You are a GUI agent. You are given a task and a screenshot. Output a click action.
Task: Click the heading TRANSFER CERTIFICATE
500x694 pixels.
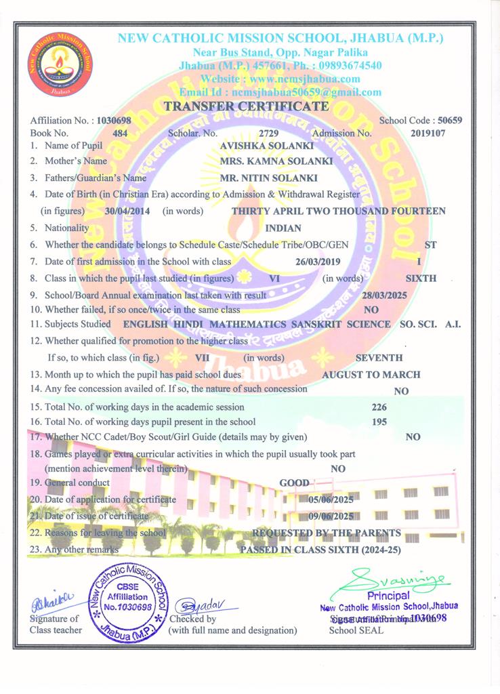pyautogui.click(x=247, y=106)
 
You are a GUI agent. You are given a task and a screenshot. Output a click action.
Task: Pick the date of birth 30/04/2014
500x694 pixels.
pyautogui.click(x=129, y=211)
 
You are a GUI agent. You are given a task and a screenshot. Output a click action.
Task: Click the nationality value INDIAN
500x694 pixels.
pyautogui.click(x=284, y=228)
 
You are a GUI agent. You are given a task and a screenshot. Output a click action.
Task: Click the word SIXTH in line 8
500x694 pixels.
pyautogui.click(x=421, y=278)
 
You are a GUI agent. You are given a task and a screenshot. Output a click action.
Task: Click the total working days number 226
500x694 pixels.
pyautogui.click(x=380, y=408)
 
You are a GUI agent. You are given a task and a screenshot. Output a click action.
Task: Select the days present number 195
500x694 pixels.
pyautogui.click(x=380, y=422)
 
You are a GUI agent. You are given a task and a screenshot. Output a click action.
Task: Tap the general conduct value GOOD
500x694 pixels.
pyautogui.click(x=295, y=483)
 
